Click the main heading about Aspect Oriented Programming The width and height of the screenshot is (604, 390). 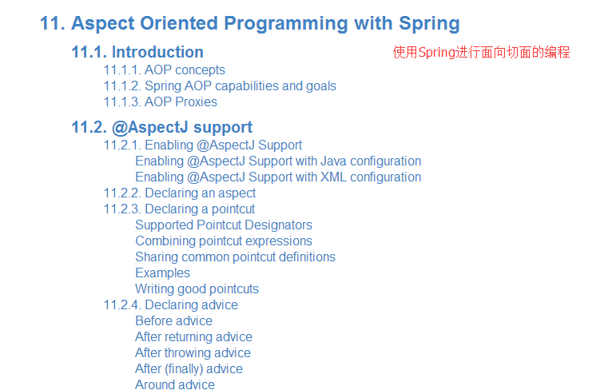[x=250, y=24]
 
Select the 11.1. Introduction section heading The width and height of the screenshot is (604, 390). [x=137, y=52]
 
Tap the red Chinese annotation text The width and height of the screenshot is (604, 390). [x=481, y=52]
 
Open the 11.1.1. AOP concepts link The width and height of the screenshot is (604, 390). [x=164, y=70]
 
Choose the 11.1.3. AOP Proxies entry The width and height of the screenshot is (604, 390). [x=161, y=102]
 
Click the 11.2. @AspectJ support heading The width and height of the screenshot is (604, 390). [x=162, y=128]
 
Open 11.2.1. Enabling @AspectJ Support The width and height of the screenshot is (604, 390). [x=203, y=145]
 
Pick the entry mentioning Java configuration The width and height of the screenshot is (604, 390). [x=278, y=161]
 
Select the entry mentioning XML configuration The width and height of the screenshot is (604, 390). [x=278, y=177]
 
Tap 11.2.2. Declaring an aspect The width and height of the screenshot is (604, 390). [x=180, y=193]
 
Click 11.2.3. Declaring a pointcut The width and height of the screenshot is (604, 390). [x=179, y=209]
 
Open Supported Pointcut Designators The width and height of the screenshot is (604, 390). [x=224, y=225]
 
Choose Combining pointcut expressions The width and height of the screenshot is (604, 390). [x=224, y=241]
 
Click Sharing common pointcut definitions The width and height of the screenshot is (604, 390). [x=236, y=257]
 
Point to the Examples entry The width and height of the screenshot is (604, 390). [x=162, y=273]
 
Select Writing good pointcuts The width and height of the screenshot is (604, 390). [x=197, y=289]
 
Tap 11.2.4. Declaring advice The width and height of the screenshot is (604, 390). [x=171, y=305]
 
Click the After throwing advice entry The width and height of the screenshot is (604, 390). [x=193, y=353]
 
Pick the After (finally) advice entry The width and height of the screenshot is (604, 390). [x=189, y=369]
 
